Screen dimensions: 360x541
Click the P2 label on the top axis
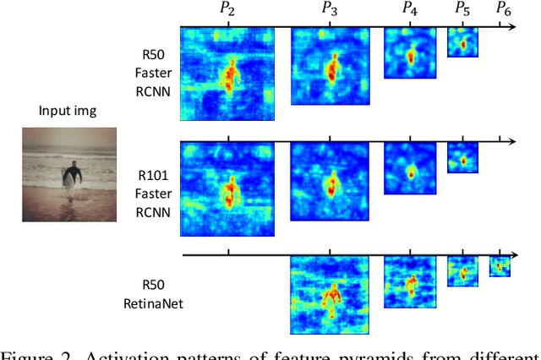coord(227,9)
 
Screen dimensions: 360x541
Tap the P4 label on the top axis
coord(410,9)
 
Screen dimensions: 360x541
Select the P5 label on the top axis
coord(462,9)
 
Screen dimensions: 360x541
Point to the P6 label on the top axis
coord(503,9)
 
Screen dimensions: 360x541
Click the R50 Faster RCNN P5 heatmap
coord(462,42)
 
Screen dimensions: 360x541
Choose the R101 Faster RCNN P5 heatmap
coord(462,157)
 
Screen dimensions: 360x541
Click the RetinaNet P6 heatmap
coord(500,266)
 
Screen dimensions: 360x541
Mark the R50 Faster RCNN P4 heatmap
coord(411,53)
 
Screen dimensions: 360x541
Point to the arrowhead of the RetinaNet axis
coord(516,254)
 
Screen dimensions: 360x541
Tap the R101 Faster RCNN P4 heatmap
coord(411,168)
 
